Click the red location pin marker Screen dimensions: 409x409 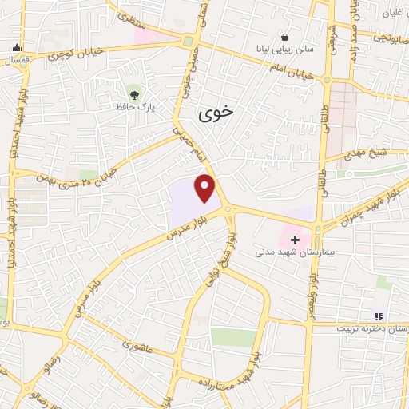[x=206, y=188]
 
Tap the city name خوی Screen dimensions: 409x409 [x=216, y=113]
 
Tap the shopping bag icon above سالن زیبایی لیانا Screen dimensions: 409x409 [x=285, y=37]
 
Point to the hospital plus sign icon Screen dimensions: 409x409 [x=295, y=239]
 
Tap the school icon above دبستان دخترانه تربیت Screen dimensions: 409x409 [x=378, y=316]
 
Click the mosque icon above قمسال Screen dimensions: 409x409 [x=18, y=46]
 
